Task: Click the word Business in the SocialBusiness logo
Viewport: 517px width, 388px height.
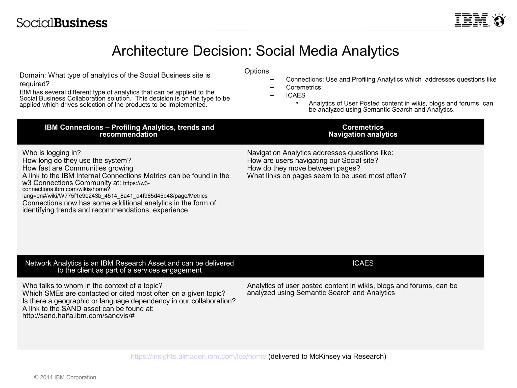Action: tap(81, 23)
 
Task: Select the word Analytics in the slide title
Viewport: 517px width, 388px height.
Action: tap(370, 51)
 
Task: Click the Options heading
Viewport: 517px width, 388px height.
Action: tap(256, 71)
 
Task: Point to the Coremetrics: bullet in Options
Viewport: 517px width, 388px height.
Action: tap(304, 87)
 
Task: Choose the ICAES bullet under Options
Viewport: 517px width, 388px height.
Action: tap(296, 95)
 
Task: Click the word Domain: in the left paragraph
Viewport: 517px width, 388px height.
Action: tap(33, 75)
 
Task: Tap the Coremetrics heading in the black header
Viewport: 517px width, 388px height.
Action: tap(363, 127)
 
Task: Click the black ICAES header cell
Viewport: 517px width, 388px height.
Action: tap(363, 263)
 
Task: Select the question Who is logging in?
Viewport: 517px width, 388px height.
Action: tap(51, 153)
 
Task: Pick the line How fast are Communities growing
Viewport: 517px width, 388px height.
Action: tap(77, 168)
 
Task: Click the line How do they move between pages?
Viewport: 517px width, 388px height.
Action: tap(303, 168)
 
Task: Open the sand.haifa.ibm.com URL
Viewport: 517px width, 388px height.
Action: tap(78, 316)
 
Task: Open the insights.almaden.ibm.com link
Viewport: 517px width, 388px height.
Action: tap(198, 356)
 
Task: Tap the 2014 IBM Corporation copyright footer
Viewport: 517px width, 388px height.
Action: tap(65, 377)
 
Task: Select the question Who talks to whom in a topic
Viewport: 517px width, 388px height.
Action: tap(92, 286)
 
